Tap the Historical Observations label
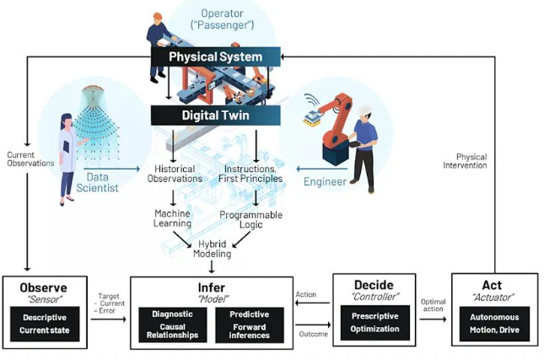pos(174,173)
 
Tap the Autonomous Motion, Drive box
pos(495,324)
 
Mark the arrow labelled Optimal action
pos(433,319)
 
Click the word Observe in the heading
pos(43,287)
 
